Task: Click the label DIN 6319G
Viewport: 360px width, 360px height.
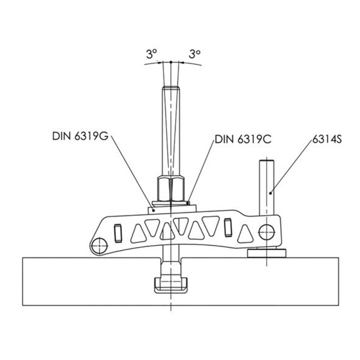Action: pyautogui.click(x=80, y=136)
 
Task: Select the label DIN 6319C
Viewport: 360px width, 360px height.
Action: pyautogui.click(x=243, y=139)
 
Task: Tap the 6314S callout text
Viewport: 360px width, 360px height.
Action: pyautogui.click(x=327, y=139)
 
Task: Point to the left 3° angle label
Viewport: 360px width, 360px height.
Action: pyautogui.click(x=151, y=54)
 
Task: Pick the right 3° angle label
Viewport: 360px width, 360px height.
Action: pyautogui.click(x=194, y=54)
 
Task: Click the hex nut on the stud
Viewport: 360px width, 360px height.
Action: pyautogui.click(x=171, y=189)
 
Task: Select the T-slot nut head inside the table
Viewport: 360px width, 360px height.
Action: pyautogui.click(x=170, y=285)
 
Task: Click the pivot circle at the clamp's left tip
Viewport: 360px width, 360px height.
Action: pyautogui.click(x=99, y=245)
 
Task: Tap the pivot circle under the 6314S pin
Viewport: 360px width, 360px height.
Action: pyautogui.click(x=266, y=232)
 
